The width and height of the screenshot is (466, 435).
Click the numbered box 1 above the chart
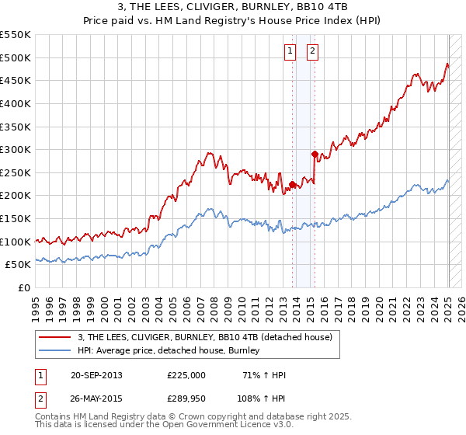[289, 52]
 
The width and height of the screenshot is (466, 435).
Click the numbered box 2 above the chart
[312, 52]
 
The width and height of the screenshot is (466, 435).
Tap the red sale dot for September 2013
[292, 184]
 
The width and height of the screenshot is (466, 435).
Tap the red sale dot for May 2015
[315, 154]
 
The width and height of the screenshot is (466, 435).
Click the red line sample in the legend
[55, 337]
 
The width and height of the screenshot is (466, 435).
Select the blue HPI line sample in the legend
[55, 350]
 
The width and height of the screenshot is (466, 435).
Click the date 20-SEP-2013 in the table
[96, 375]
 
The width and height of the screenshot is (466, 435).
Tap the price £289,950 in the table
[186, 398]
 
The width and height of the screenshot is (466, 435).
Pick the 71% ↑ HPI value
[265, 375]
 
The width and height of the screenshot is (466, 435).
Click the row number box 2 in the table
[40, 398]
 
